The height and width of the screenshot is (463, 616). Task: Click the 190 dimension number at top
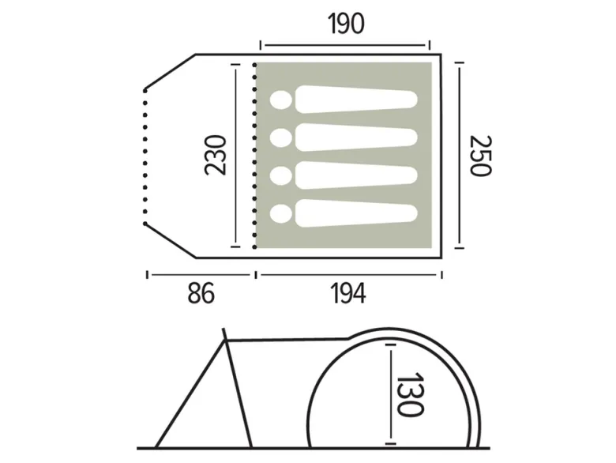tap(346, 24)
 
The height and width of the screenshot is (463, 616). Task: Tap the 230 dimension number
tap(216, 155)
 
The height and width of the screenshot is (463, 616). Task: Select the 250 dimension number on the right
tap(481, 156)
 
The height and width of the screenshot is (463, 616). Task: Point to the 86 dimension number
tap(201, 293)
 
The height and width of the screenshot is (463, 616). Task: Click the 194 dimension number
tap(348, 293)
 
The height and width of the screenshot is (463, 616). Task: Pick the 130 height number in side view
tap(411, 394)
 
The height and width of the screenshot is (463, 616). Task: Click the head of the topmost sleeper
tap(281, 100)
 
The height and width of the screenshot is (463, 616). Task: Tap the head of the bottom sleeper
tap(281, 214)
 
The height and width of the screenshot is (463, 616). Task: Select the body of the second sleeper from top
tap(356, 137)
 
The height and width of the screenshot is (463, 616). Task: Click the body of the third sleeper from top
tap(356, 175)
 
